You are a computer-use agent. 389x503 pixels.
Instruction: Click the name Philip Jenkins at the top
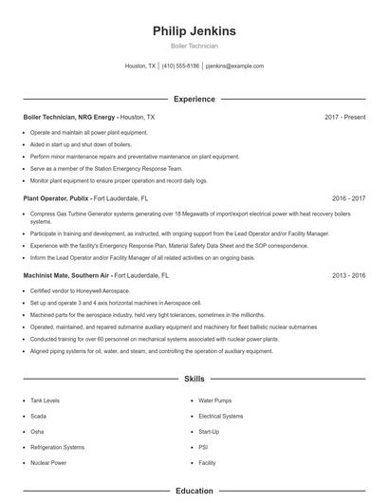point(194,31)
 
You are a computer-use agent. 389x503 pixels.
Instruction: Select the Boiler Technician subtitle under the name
point(194,46)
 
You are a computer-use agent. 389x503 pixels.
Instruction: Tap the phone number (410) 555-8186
point(180,66)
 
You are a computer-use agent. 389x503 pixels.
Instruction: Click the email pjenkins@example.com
point(234,66)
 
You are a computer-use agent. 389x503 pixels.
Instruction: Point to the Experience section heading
point(194,99)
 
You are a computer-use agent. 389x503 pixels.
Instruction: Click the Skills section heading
point(194,379)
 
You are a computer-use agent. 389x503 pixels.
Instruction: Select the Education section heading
point(194,492)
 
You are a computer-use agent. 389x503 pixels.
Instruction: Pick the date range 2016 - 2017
point(348,199)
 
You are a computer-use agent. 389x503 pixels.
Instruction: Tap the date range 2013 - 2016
point(348,274)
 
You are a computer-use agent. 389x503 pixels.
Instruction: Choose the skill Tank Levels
point(44,401)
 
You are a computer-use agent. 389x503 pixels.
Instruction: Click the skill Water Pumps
point(214,401)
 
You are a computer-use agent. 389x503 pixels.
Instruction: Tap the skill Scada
point(38,416)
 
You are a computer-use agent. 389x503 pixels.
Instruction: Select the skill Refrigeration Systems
point(57,447)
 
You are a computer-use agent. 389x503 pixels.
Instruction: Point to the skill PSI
point(203,447)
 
